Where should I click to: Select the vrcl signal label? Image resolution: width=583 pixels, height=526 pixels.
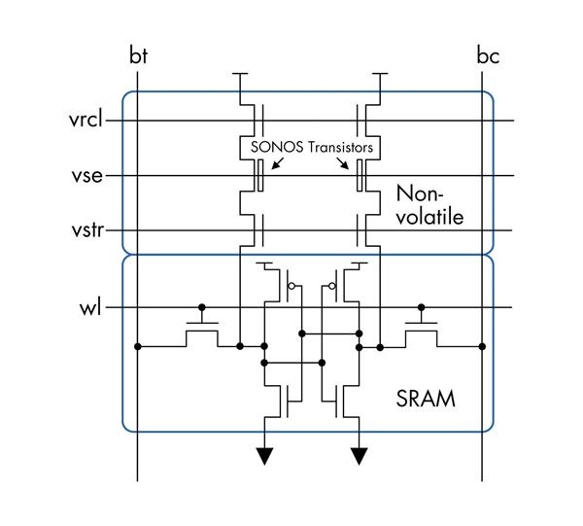[x=86, y=121]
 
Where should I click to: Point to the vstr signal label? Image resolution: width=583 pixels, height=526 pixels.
[x=86, y=231]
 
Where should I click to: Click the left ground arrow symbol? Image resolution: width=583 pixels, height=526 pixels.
[x=263, y=455]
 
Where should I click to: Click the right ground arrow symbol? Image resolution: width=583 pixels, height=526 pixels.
[x=360, y=455]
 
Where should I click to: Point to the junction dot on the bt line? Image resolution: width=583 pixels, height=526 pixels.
[x=138, y=345]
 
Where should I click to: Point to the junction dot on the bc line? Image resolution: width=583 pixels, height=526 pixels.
[x=483, y=345]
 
